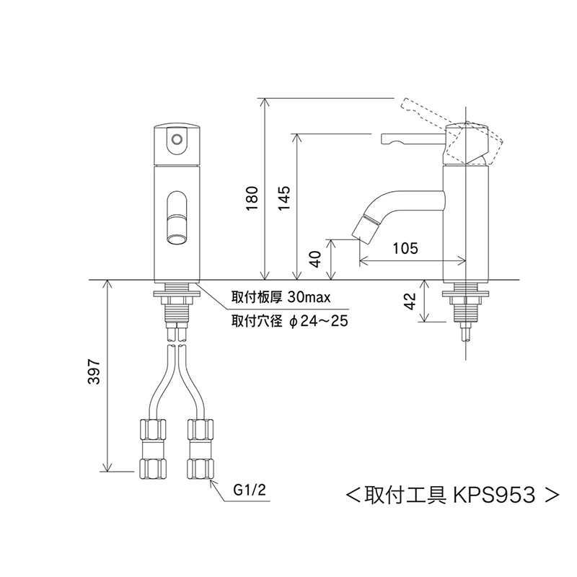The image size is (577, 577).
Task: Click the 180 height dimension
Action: [x=252, y=198]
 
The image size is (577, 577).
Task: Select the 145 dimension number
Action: [x=284, y=198]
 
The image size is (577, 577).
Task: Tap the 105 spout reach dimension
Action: [x=405, y=248]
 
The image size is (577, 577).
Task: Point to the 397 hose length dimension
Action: [x=94, y=371]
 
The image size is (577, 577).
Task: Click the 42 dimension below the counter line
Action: [x=410, y=301]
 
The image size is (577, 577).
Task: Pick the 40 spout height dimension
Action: [x=316, y=260]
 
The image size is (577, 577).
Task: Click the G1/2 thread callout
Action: [x=250, y=490]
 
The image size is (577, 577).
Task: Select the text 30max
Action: [x=309, y=296]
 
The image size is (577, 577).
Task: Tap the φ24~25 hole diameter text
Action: [x=319, y=321]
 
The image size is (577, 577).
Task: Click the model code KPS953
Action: [x=494, y=495]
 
